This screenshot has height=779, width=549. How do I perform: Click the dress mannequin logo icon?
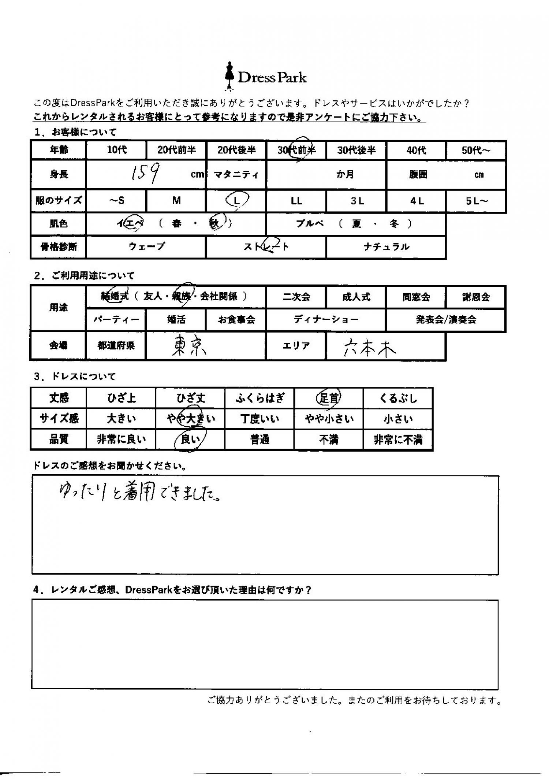pyautogui.click(x=229, y=76)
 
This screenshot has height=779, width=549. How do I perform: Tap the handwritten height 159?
pyautogui.click(x=145, y=174)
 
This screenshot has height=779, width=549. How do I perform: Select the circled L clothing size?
pyautogui.click(x=236, y=200)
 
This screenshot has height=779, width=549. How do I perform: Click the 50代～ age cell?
pyautogui.click(x=476, y=150)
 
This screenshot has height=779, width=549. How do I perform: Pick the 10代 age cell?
pyautogui.click(x=116, y=150)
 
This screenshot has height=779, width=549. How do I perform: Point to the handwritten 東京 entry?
pyautogui.click(x=189, y=346)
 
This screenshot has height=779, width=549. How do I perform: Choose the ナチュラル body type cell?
pyautogui.click(x=386, y=247)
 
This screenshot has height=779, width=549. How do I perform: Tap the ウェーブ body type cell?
pyautogui.click(x=146, y=247)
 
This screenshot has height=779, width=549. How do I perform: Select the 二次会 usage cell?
pyautogui.click(x=296, y=297)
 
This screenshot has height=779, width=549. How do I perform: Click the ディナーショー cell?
pyautogui.click(x=326, y=320)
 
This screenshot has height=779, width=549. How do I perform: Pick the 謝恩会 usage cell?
pyautogui.click(x=475, y=297)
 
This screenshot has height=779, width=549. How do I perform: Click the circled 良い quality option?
pyautogui.click(x=190, y=439)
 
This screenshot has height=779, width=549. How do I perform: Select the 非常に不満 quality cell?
pyautogui.click(x=398, y=439)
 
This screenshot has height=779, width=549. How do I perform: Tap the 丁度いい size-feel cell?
pyautogui.click(x=259, y=419)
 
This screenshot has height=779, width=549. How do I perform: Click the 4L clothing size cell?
pyautogui.click(x=417, y=201)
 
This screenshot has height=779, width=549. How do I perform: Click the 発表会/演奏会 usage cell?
pyautogui.click(x=446, y=320)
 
